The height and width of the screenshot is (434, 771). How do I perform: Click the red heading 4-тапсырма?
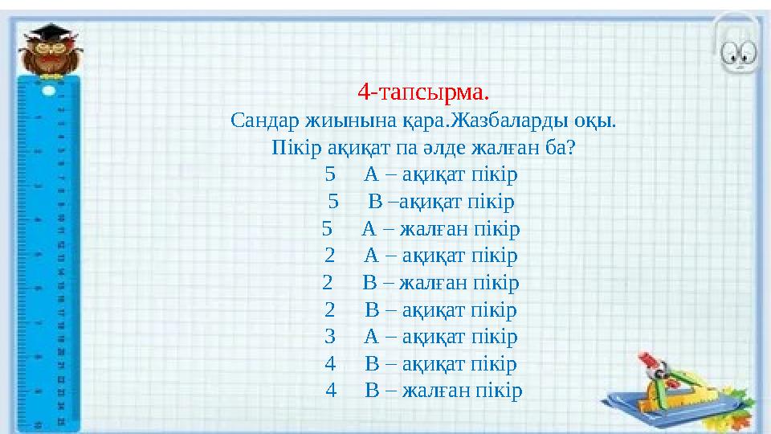click(x=423, y=92)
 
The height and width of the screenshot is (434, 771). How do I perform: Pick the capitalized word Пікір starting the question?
click(x=296, y=149)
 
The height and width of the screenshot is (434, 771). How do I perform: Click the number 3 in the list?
click(x=330, y=337)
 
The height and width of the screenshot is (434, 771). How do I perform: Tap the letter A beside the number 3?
click(x=371, y=337)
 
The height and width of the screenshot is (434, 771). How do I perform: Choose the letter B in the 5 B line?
click(x=375, y=202)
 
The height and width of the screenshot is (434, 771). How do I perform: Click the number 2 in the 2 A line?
click(x=330, y=256)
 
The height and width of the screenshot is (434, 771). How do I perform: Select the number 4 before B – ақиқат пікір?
click(x=330, y=364)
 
